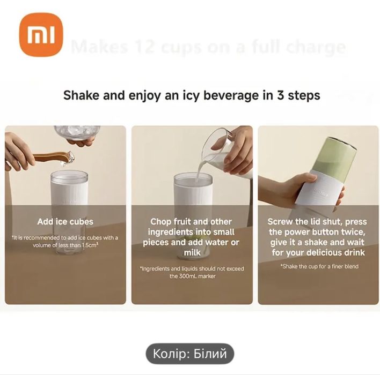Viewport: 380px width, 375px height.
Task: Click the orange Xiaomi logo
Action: pos(41,35)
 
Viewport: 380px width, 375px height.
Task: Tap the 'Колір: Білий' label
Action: pos(189,354)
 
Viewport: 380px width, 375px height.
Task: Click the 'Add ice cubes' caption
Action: pos(65,221)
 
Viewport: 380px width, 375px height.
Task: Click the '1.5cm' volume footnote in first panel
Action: pos(65,242)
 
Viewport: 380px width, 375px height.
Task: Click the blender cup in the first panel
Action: pos(69,196)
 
